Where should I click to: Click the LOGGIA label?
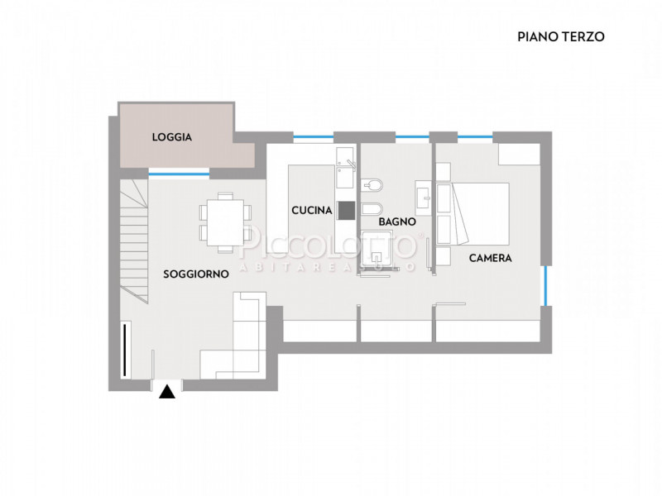coord(172,137)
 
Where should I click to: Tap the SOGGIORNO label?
coord(196,274)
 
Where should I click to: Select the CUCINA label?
coord(312,211)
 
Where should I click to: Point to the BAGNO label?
coord(397,222)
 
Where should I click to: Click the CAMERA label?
coord(490,258)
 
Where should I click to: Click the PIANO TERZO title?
coord(561,36)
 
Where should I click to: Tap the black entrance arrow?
coord(168,393)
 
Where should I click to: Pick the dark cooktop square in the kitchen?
coord(346,210)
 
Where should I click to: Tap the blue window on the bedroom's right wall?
coord(545,285)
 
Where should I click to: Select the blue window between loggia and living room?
coord(179,174)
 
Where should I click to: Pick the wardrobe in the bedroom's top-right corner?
coord(519,154)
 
